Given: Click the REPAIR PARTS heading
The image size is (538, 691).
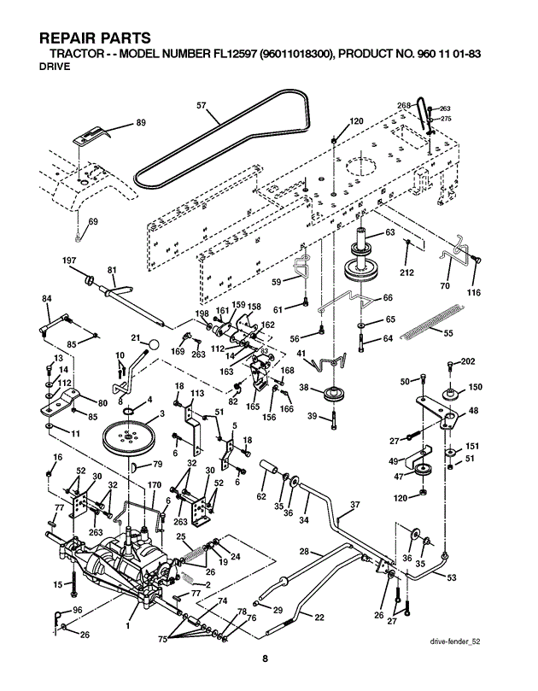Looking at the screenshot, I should point(95,38).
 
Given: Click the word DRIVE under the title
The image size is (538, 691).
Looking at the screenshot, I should point(55,68).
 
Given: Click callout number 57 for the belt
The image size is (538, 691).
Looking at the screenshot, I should point(202,106).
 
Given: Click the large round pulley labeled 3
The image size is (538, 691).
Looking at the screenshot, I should point(131,439).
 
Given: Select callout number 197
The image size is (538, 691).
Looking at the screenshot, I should point(69,260).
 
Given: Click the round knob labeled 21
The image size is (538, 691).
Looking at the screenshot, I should point(154,343).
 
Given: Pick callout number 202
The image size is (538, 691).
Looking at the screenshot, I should point(467,362).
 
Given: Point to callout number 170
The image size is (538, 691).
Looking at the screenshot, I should point(154,485).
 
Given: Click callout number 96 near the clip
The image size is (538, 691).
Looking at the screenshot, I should point(77,609).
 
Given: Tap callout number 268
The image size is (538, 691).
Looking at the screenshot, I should point(404,105).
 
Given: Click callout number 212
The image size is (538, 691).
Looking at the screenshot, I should point(406,273).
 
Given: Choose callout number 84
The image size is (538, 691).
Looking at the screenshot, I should point(46,298).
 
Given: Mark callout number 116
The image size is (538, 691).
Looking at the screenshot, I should point(473,293).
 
